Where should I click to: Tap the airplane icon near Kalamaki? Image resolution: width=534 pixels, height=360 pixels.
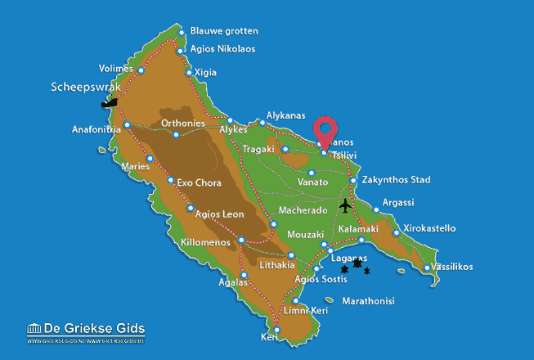[347, 205]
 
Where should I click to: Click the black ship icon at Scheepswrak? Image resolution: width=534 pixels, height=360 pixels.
[108, 103]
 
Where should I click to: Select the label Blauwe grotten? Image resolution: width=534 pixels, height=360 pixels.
[224, 31]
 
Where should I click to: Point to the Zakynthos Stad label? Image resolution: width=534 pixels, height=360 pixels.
[397, 180]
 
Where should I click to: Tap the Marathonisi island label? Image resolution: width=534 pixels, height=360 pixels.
[368, 301]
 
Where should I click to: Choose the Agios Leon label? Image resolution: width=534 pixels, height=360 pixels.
[221, 214]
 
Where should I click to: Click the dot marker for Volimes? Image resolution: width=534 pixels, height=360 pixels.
[141, 70]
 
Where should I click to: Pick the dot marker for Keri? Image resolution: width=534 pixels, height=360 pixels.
[276, 331]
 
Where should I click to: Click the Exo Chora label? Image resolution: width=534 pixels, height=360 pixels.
[201, 182]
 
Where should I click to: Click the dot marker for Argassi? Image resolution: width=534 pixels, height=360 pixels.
[376, 209]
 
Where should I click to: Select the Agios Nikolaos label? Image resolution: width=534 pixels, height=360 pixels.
[222, 49]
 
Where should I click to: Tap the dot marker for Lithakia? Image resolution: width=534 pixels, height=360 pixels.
[291, 255]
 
